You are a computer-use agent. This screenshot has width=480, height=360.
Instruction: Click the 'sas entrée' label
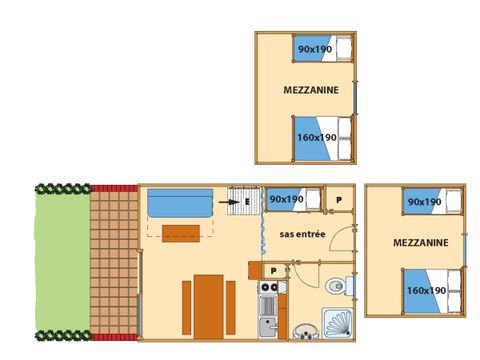302,234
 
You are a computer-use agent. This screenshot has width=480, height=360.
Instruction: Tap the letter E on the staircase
247,202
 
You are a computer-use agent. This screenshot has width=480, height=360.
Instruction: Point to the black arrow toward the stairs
229,202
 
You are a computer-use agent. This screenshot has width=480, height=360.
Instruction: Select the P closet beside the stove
274,271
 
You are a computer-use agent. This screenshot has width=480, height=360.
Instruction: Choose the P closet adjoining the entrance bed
339,200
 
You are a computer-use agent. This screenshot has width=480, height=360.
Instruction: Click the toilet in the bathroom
337,286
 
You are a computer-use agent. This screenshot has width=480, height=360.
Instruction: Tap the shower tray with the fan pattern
337,323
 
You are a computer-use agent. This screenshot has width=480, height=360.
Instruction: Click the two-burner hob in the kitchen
269,287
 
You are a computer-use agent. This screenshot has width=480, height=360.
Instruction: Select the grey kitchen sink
269,327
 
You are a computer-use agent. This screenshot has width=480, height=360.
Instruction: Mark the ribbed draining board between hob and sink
268,306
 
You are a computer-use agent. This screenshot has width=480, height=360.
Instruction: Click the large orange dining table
209,307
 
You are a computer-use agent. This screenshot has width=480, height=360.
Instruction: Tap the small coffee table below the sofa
181,233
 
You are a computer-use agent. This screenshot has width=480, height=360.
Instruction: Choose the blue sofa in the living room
180,203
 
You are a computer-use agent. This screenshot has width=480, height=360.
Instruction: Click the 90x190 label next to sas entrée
286,199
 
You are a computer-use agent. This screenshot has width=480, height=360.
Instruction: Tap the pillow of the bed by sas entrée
313,199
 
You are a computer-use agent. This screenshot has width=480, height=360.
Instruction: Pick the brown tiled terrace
114,263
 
